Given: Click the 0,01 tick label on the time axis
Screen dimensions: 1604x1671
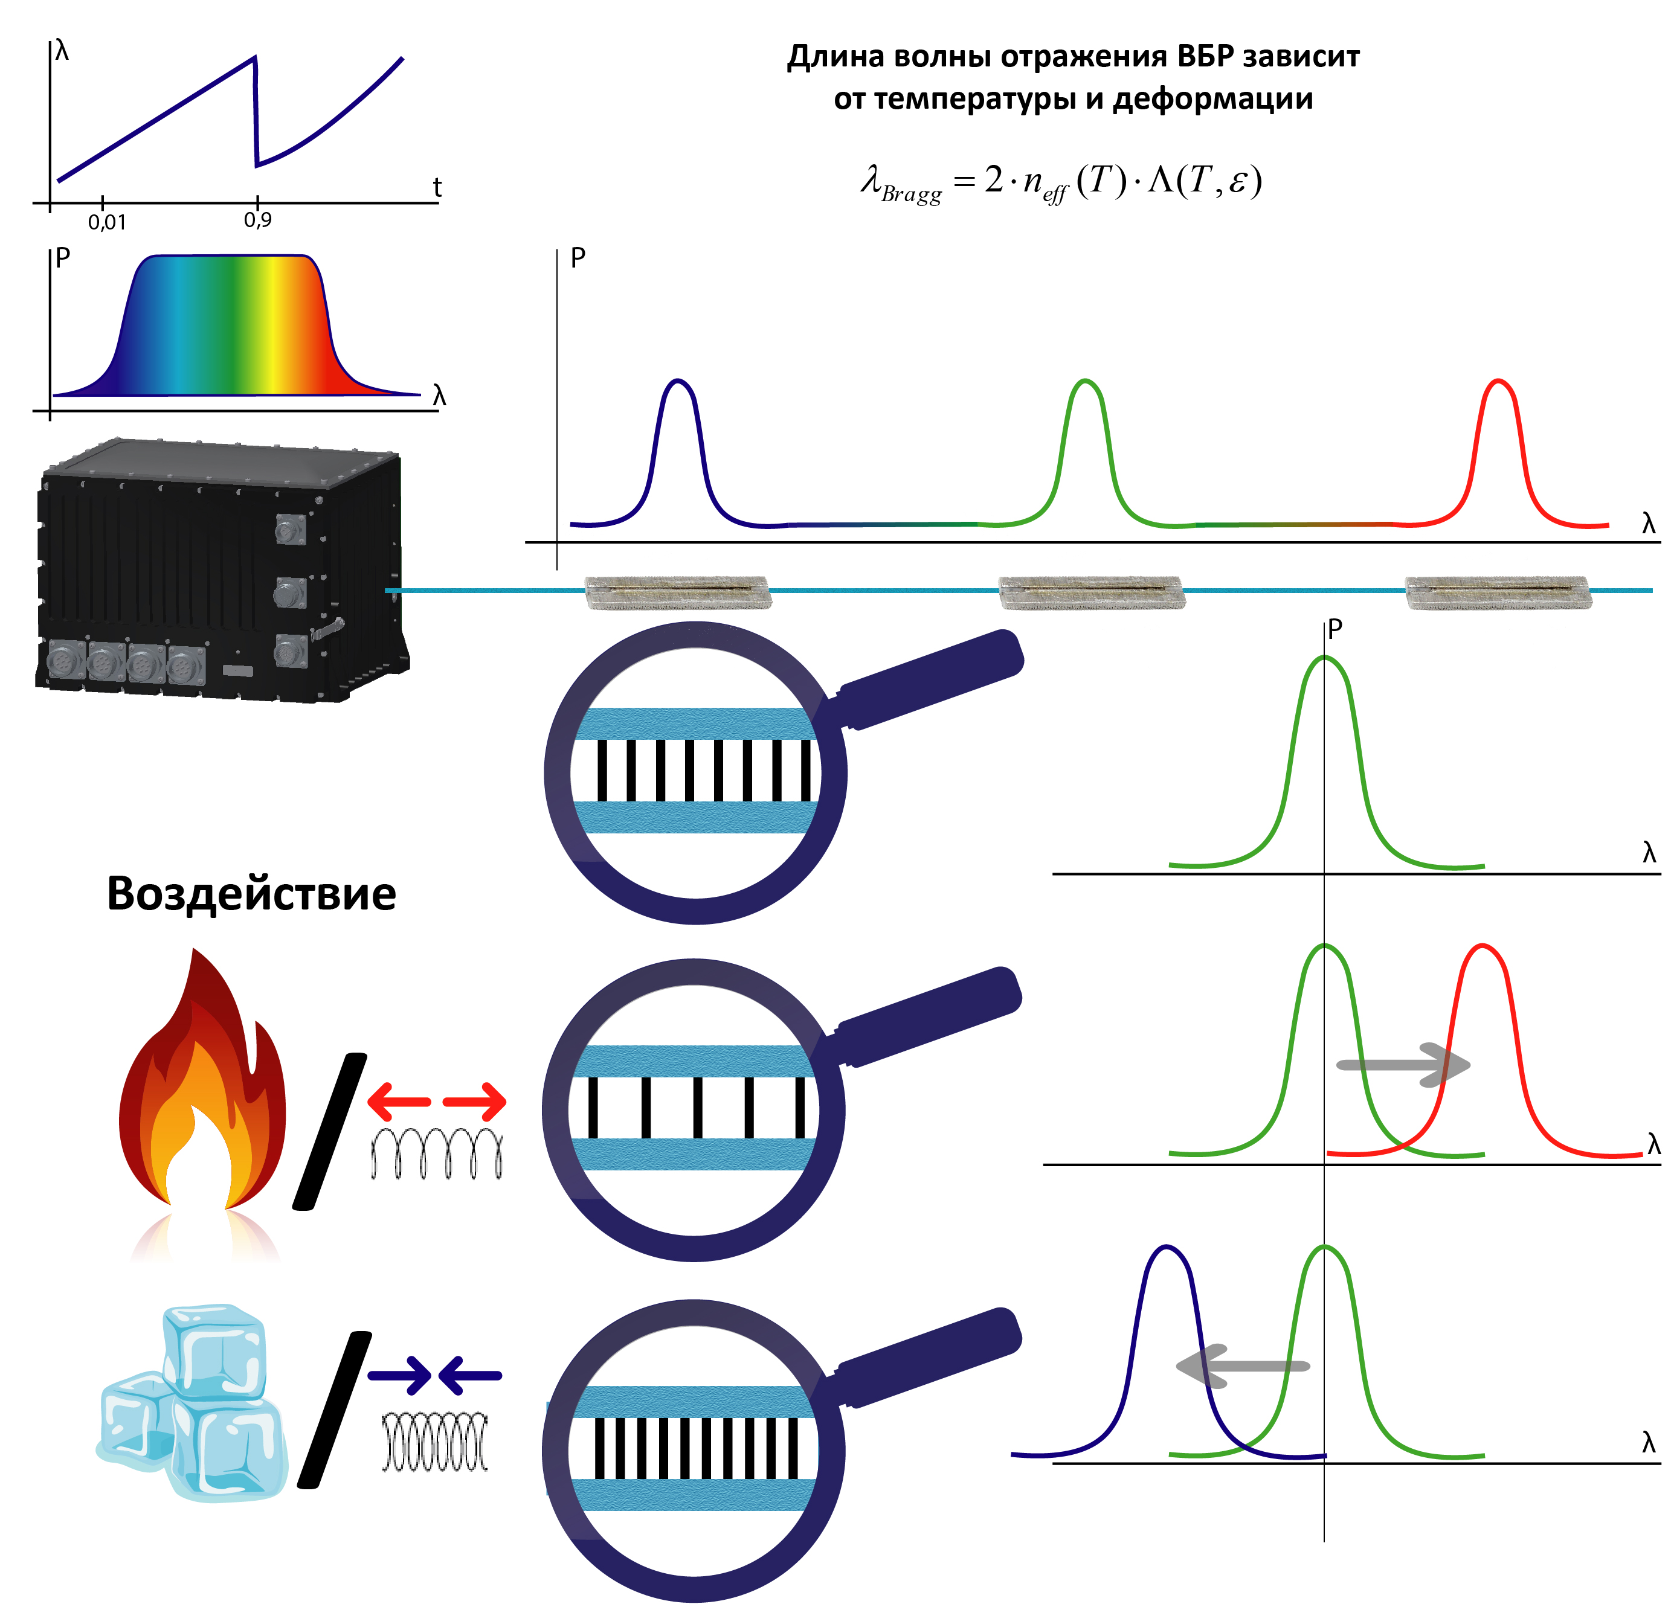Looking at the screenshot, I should [x=106, y=222].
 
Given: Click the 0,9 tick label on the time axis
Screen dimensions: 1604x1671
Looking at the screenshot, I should [x=257, y=220].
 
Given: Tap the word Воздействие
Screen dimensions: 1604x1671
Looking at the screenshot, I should [x=251, y=894].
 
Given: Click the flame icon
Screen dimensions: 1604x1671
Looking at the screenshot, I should [x=201, y=1091].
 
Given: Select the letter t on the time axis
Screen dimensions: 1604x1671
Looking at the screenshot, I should [x=437, y=187].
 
